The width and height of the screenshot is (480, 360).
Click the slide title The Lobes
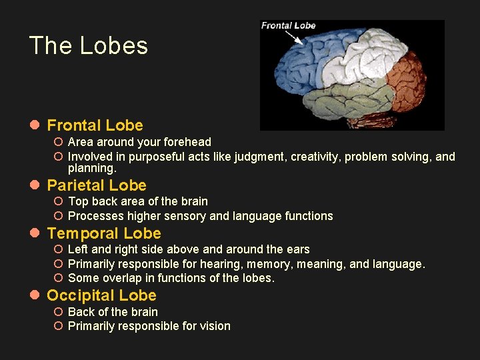coord(89,46)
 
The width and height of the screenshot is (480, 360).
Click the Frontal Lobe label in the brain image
coord(288,26)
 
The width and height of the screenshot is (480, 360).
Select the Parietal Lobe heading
coord(97,185)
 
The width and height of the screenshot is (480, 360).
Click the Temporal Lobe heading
coord(104,233)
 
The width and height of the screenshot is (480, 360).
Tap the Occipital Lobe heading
coord(101,295)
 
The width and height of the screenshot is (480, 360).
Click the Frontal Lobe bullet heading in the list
coord(95,125)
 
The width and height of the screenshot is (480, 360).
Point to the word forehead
coord(189,142)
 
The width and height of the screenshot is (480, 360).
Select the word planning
coord(92,169)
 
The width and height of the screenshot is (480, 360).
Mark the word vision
coord(215,326)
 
